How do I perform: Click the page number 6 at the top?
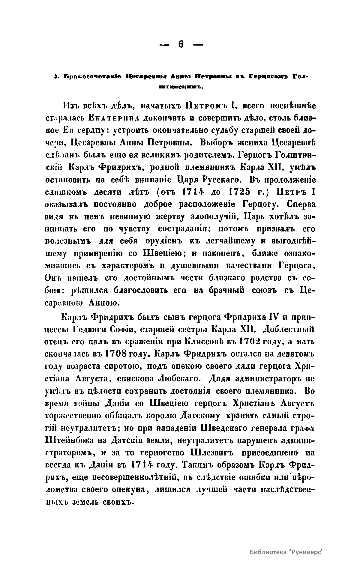pos(181,45)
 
